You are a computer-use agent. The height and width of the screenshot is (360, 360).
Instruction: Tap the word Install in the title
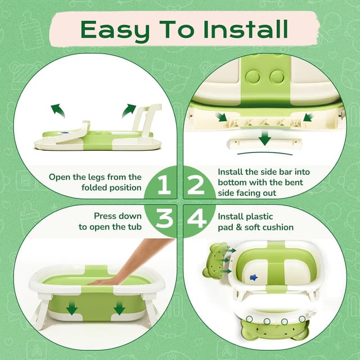point(245,29)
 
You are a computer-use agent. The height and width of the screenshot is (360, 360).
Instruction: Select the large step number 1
point(163,185)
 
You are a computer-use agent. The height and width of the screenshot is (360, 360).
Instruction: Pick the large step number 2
point(196,185)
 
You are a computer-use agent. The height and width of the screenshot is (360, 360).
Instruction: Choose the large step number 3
point(164,219)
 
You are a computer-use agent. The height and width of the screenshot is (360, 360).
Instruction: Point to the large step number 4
point(197,219)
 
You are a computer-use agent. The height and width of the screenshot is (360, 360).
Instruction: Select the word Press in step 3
point(105,216)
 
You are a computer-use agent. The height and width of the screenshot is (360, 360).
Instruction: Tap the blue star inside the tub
point(254,277)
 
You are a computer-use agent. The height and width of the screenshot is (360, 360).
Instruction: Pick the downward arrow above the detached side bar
point(265,138)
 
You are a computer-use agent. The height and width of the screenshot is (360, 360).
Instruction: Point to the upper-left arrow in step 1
point(58,110)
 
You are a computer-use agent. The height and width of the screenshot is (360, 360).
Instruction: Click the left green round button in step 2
point(253,76)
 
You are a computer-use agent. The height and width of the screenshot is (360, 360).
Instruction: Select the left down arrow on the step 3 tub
point(72,308)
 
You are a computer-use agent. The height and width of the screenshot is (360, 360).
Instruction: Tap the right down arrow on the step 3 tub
point(119,308)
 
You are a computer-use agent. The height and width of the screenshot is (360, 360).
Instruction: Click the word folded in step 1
point(94,187)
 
